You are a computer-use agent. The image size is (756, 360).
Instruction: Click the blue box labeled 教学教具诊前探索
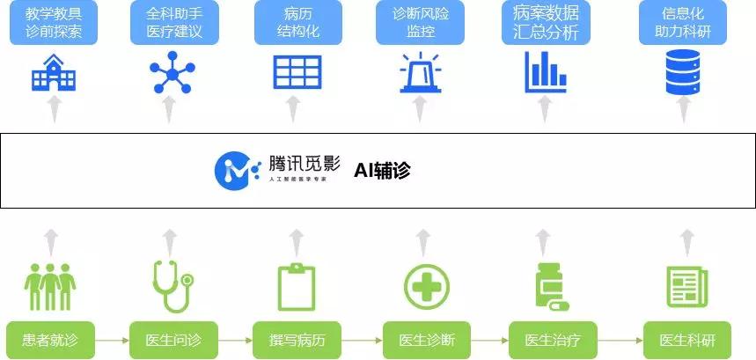(x=54, y=24)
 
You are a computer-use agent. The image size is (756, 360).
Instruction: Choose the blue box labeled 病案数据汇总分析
(x=544, y=24)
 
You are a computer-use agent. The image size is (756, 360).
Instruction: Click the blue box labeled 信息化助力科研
(x=682, y=24)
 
